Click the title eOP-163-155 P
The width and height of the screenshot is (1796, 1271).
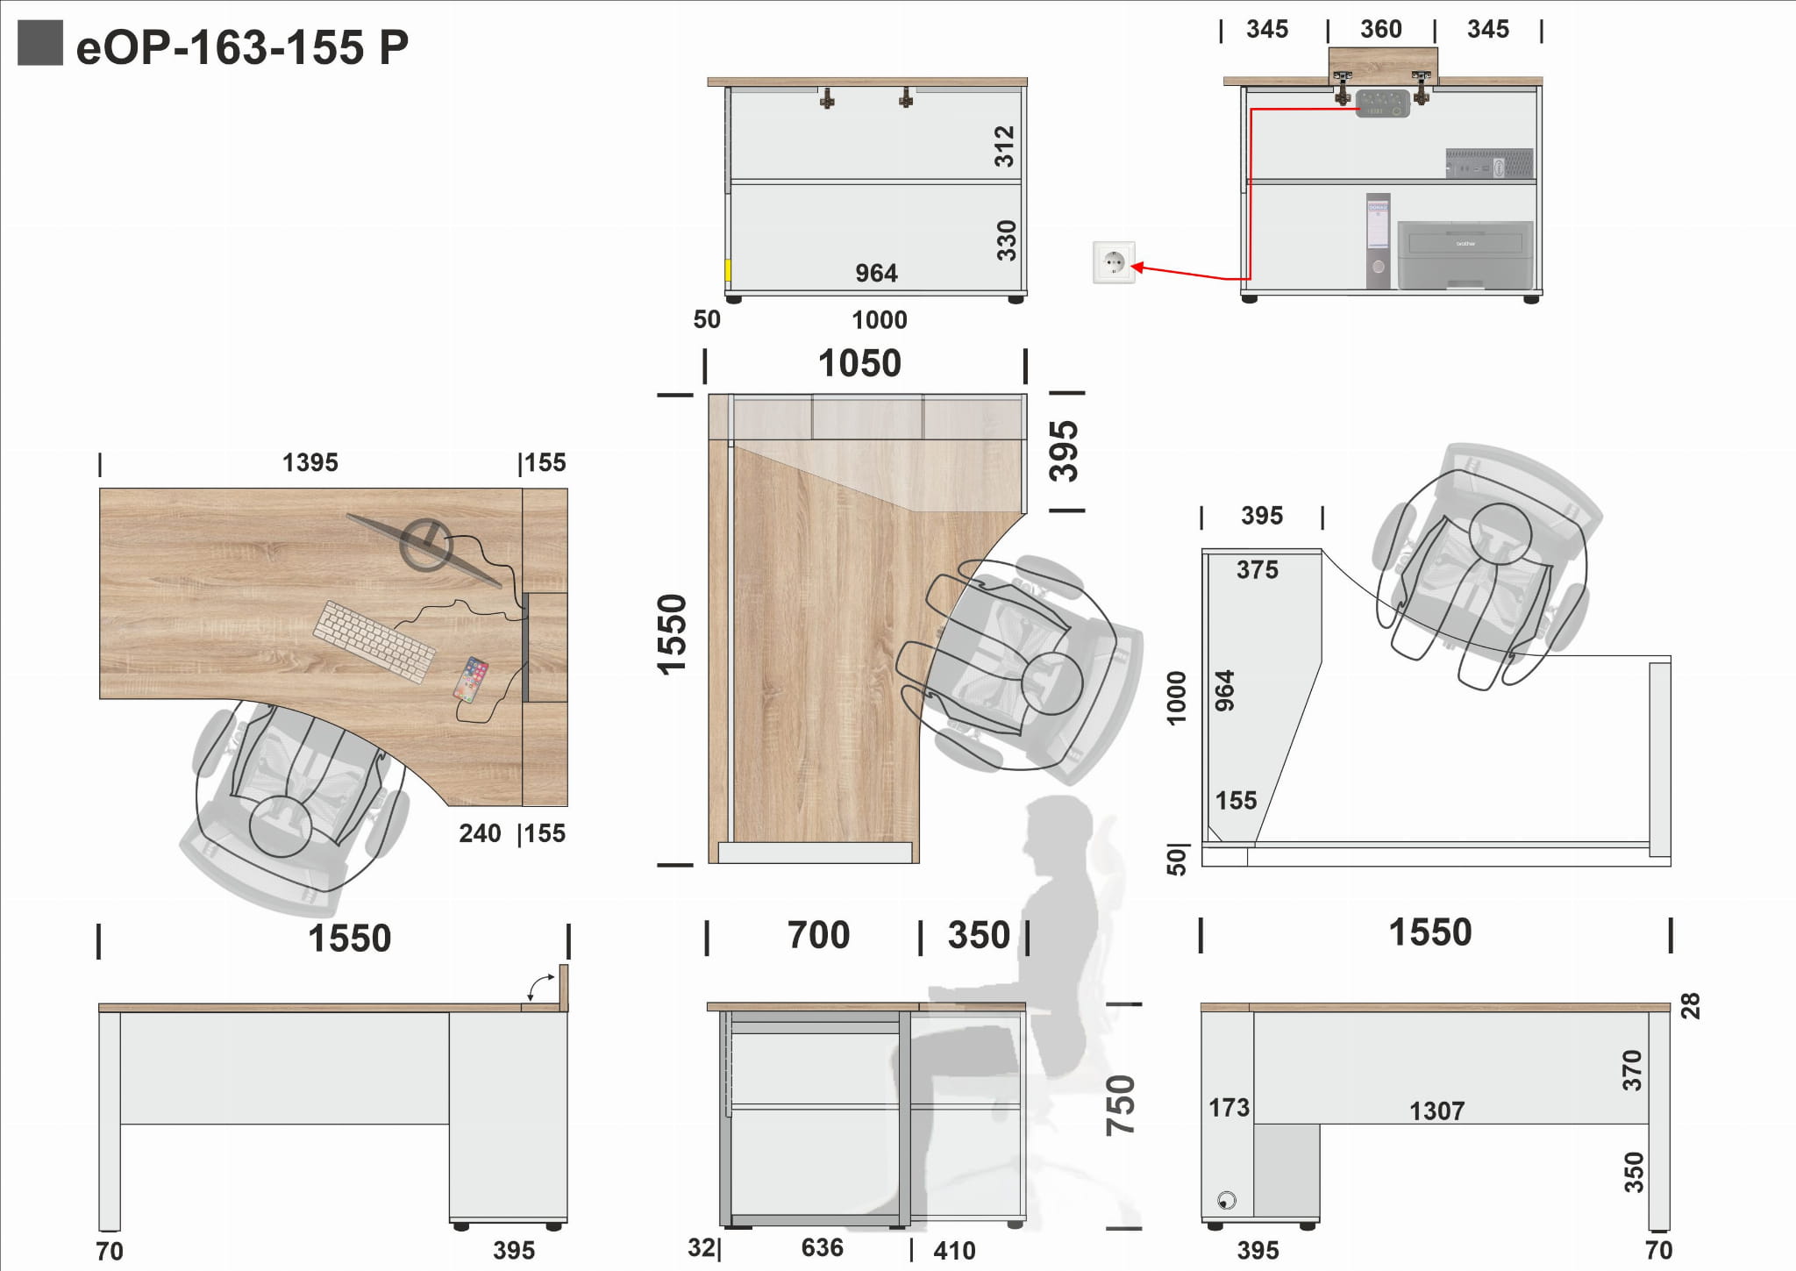click(242, 47)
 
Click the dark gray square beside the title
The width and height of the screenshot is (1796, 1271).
click(40, 43)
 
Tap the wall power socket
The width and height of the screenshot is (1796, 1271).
click(1114, 262)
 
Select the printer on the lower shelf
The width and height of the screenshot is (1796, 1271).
click(1465, 254)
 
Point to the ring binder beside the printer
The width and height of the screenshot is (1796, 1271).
click(1378, 240)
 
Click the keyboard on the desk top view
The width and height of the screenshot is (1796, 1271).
click(375, 640)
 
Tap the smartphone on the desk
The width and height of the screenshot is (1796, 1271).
click(471, 679)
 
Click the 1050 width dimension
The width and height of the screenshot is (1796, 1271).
click(859, 363)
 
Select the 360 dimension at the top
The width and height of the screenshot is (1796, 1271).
click(1381, 29)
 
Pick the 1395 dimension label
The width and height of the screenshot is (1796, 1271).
click(310, 462)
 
